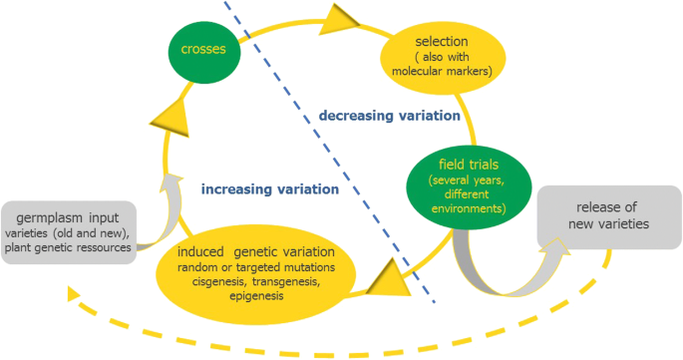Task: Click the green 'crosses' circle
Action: point(202,48)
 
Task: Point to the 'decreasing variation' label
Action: point(389,116)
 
